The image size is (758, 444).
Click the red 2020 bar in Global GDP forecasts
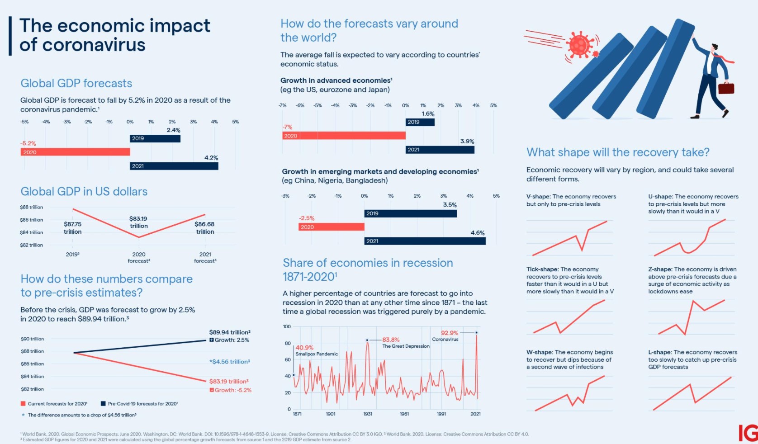[75, 152]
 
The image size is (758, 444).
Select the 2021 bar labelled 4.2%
[174, 166]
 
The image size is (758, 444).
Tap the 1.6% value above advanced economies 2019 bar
[428, 114]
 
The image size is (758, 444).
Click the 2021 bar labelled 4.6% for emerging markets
[425, 241]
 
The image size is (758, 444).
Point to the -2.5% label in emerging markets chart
[306, 218]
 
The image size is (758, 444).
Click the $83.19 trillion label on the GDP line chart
[138, 222]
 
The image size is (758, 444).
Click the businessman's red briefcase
[726, 88]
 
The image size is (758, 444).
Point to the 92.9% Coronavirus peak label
[450, 333]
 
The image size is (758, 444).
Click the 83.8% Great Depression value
[391, 340]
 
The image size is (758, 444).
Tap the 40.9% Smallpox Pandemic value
[304, 348]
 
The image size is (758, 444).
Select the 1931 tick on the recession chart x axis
[368, 414]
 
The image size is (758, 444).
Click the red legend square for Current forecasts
[23, 404]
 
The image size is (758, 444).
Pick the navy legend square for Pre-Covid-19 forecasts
[103, 404]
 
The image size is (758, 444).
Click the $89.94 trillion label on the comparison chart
[229, 332]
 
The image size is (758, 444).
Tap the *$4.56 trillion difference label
[229, 362]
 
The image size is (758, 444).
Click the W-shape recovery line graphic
[569, 394]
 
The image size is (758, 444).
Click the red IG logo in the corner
[748, 433]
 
